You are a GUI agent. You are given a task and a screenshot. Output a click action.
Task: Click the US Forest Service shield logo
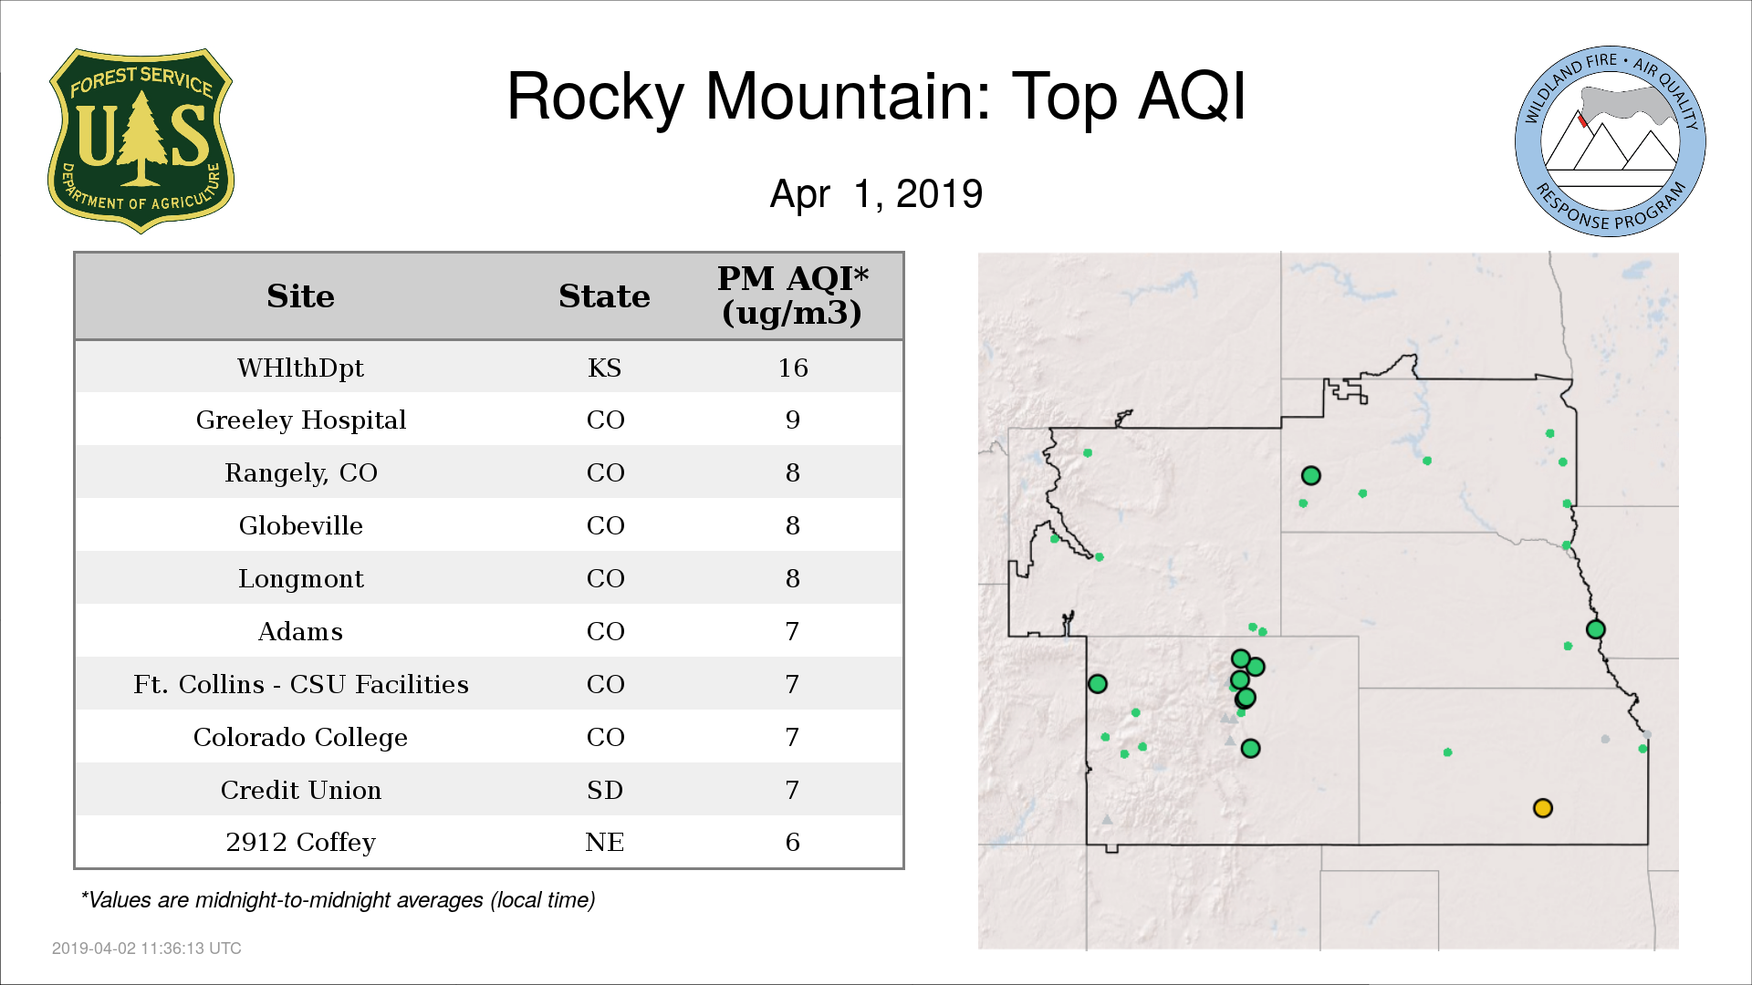pos(141,140)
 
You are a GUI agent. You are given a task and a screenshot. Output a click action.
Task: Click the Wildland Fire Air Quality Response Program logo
pos(1611,141)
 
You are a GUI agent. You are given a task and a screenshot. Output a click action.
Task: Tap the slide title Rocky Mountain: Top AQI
pos(876,97)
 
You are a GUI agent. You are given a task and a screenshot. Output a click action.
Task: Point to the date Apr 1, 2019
pos(876,193)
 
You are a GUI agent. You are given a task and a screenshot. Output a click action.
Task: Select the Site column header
pos(300,296)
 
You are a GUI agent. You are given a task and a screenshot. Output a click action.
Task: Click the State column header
pos(604,296)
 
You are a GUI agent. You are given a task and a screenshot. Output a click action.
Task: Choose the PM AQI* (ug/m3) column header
pos(792,295)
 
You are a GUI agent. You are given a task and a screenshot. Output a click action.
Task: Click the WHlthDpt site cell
pos(300,368)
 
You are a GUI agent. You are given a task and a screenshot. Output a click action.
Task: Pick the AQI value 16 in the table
pos(793,368)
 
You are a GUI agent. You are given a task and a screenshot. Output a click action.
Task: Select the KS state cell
pos(604,368)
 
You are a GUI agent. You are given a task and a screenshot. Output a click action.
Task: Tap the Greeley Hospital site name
pos(300,420)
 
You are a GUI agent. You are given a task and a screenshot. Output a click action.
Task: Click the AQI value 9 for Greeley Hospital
pos(793,420)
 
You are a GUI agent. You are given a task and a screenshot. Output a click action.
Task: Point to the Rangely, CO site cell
pos(300,472)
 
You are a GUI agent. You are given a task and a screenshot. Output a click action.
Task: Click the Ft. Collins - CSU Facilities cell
pos(300,684)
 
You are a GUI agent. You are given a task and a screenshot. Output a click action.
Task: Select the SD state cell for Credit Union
pos(604,790)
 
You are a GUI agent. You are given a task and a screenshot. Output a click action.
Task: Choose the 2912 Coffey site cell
pos(300,842)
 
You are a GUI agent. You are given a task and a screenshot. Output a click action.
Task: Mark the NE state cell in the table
pos(604,842)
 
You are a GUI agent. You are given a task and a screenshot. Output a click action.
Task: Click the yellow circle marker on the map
pos(1543,808)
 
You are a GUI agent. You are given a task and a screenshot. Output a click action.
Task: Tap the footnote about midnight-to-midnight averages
pos(338,900)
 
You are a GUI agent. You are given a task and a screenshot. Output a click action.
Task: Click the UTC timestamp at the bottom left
pos(147,949)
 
